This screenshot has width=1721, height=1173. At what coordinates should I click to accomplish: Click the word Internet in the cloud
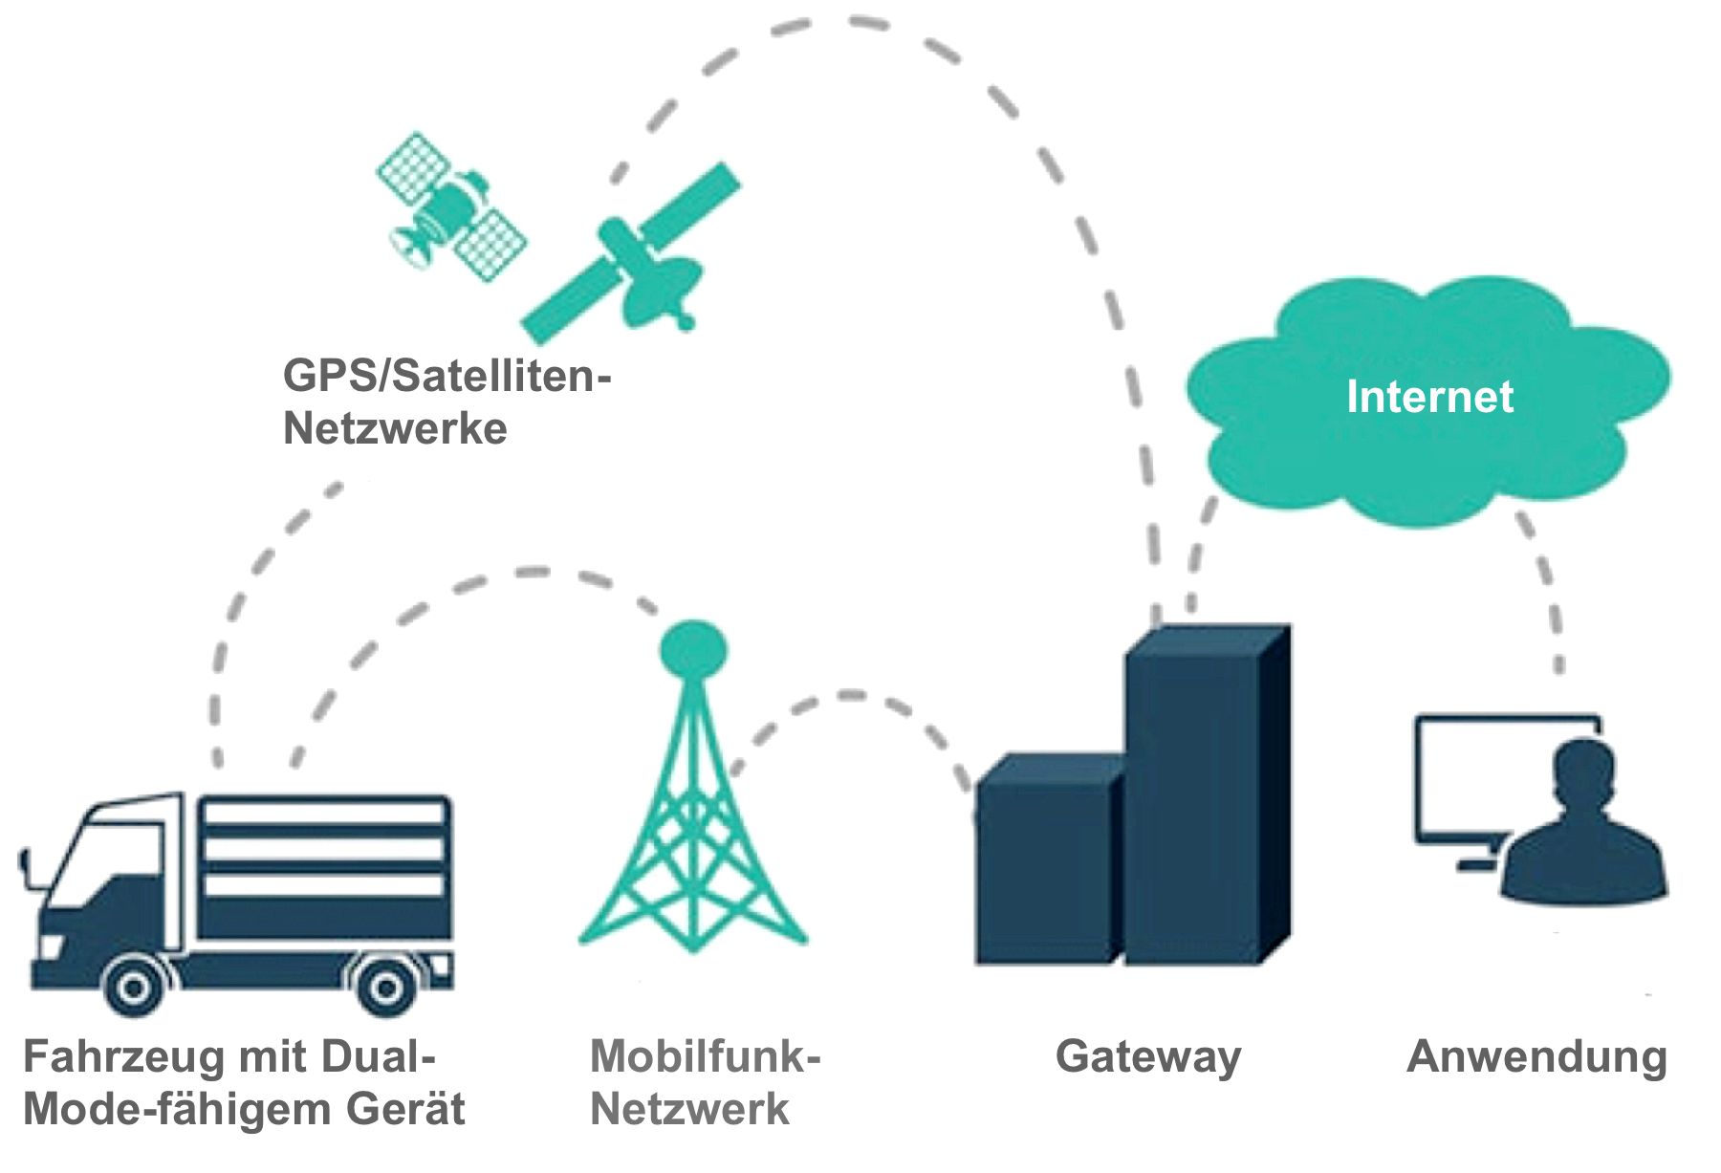point(1429,397)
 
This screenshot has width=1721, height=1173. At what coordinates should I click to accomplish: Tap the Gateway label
point(1147,1057)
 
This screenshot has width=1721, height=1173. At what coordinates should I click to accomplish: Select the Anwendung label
point(1537,1057)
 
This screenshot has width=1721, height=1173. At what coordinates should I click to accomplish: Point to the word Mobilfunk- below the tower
point(706,1057)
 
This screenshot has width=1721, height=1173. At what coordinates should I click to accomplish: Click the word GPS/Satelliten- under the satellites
point(447,375)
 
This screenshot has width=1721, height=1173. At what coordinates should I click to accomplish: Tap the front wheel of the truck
point(134,988)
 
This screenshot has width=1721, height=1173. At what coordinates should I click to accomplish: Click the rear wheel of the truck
point(385,988)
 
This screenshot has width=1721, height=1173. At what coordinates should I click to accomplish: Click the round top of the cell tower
point(693,649)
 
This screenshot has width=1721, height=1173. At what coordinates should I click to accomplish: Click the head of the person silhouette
point(1584,774)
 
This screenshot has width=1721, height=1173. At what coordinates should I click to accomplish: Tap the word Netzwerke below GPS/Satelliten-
point(395,427)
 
